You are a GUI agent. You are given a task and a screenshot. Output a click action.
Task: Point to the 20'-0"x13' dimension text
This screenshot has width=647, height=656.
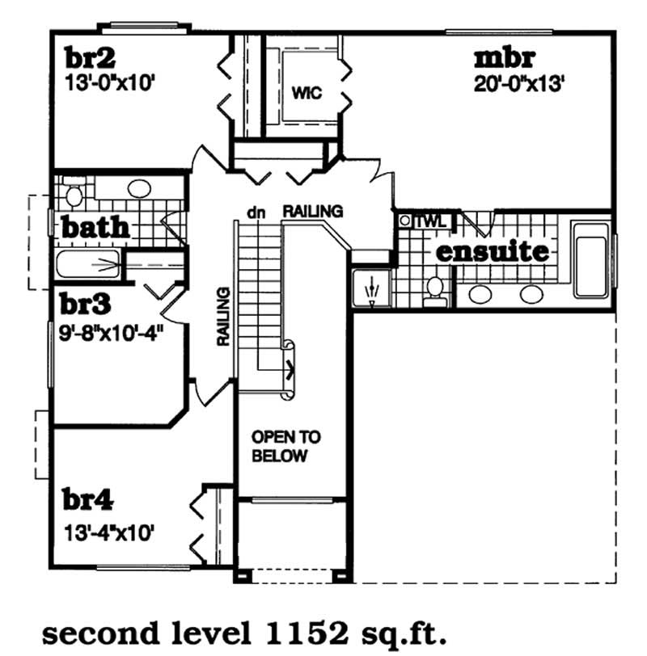click(518, 83)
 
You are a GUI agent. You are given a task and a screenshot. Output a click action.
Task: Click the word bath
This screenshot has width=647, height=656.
click(95, 228)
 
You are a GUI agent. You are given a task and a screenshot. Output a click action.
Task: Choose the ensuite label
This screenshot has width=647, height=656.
click(493, 251)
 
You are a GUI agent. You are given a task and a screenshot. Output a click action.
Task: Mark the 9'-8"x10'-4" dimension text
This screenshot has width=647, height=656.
click(112, 330)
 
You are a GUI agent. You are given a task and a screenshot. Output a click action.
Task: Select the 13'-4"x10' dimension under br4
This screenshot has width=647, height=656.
click(110, 532)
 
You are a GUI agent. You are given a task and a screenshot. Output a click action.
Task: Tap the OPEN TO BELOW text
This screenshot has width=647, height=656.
click(285, 447)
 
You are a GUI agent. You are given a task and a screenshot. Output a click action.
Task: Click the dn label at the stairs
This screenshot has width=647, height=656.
click(256, 212)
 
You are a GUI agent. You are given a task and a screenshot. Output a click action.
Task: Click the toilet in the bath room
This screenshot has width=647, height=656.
click(74, 195)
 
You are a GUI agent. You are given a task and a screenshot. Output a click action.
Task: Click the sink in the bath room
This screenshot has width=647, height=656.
click(139, 191)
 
